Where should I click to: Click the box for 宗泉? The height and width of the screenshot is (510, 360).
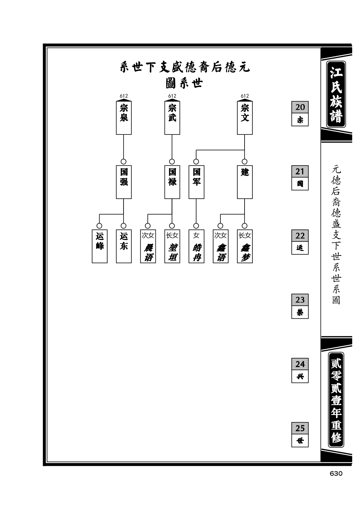click(x=124, y=118)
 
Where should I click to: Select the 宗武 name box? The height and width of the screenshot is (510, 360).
click(x=172, y=118)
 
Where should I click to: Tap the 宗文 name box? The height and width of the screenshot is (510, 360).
click(x=245, y=118)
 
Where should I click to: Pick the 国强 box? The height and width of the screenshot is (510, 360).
click(x=124, y=182)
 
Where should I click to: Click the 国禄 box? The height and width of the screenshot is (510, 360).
click(x=172, y=182)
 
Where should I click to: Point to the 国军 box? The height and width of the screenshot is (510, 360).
click(x=196, y=182)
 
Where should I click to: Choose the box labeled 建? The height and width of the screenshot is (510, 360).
click(x=245, y=182)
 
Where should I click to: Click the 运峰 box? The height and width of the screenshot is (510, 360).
click(x=100, y=246)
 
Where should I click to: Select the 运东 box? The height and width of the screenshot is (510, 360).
click(x=124, y=246)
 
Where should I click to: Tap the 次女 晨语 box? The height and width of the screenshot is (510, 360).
click(x=148, y=246)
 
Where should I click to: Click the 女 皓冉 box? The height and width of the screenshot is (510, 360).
click(x=196, y=246)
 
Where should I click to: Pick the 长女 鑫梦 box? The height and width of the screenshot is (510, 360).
click(x=245, y=246)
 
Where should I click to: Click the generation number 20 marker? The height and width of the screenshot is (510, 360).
click(x=300, y=114)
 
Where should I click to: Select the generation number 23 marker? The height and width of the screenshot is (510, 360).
click(x=300, y=306)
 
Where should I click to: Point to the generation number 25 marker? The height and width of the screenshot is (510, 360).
click(x=300, y=435)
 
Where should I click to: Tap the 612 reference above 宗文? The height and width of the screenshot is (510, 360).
click(x=245, y=96)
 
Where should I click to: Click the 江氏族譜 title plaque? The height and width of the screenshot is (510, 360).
click(x=336, y=94)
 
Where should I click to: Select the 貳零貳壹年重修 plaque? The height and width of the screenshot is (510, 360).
click(x=336, y=399)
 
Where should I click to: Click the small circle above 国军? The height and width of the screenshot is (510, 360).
click(x=196, y=162)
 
